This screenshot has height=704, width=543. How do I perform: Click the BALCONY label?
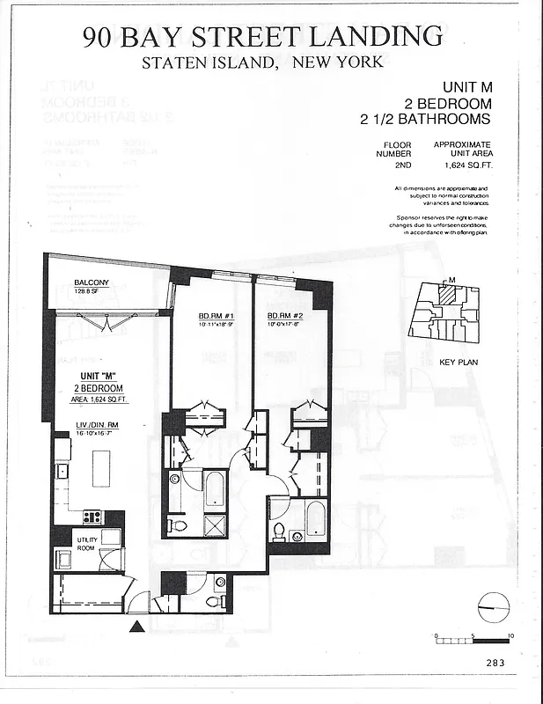pyautogui.click(x=91, y=282)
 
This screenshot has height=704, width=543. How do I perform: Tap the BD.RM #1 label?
pyautogui.click(x=215, y=315)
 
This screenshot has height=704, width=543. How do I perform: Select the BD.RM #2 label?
pyautogui.click(x=285, y=315)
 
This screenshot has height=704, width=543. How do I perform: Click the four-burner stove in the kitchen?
pyautogui.click(x=92, y=517)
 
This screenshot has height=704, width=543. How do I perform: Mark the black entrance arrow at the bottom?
pyautogui.click(x=136, y=627)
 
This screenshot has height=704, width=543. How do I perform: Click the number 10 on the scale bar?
pyautogui.click(x=510, y=634)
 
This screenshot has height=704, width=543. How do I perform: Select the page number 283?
pyautogui.click(x=494, y=664)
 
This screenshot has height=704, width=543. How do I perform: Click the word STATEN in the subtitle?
pyautogui.click(x=174, y=62)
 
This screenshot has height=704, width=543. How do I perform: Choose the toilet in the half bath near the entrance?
pyautogui.click(x=213, y=601)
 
